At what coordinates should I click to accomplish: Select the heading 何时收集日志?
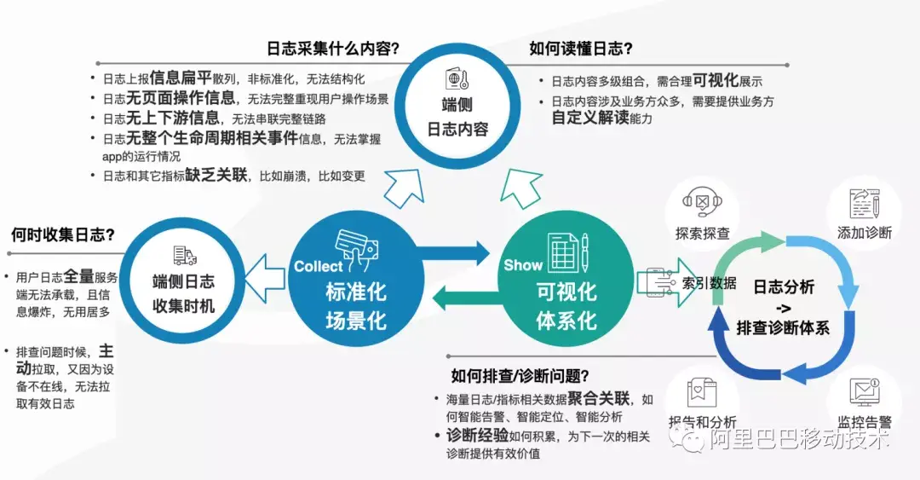(63, 234)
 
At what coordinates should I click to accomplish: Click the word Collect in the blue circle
(318, 266)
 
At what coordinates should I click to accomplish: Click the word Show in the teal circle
(523, 265)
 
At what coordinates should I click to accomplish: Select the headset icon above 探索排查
(702, 202)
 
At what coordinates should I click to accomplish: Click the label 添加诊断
(864, 233)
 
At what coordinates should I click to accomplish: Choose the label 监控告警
(865, 421)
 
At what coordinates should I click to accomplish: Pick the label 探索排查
(703, 233)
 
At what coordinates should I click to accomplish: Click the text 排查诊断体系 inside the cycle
(783, 327)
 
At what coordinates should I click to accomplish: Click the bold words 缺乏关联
(221, 176)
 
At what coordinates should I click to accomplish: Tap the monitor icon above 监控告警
(864, 391)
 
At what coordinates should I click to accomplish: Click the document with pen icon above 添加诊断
(864, 203)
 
